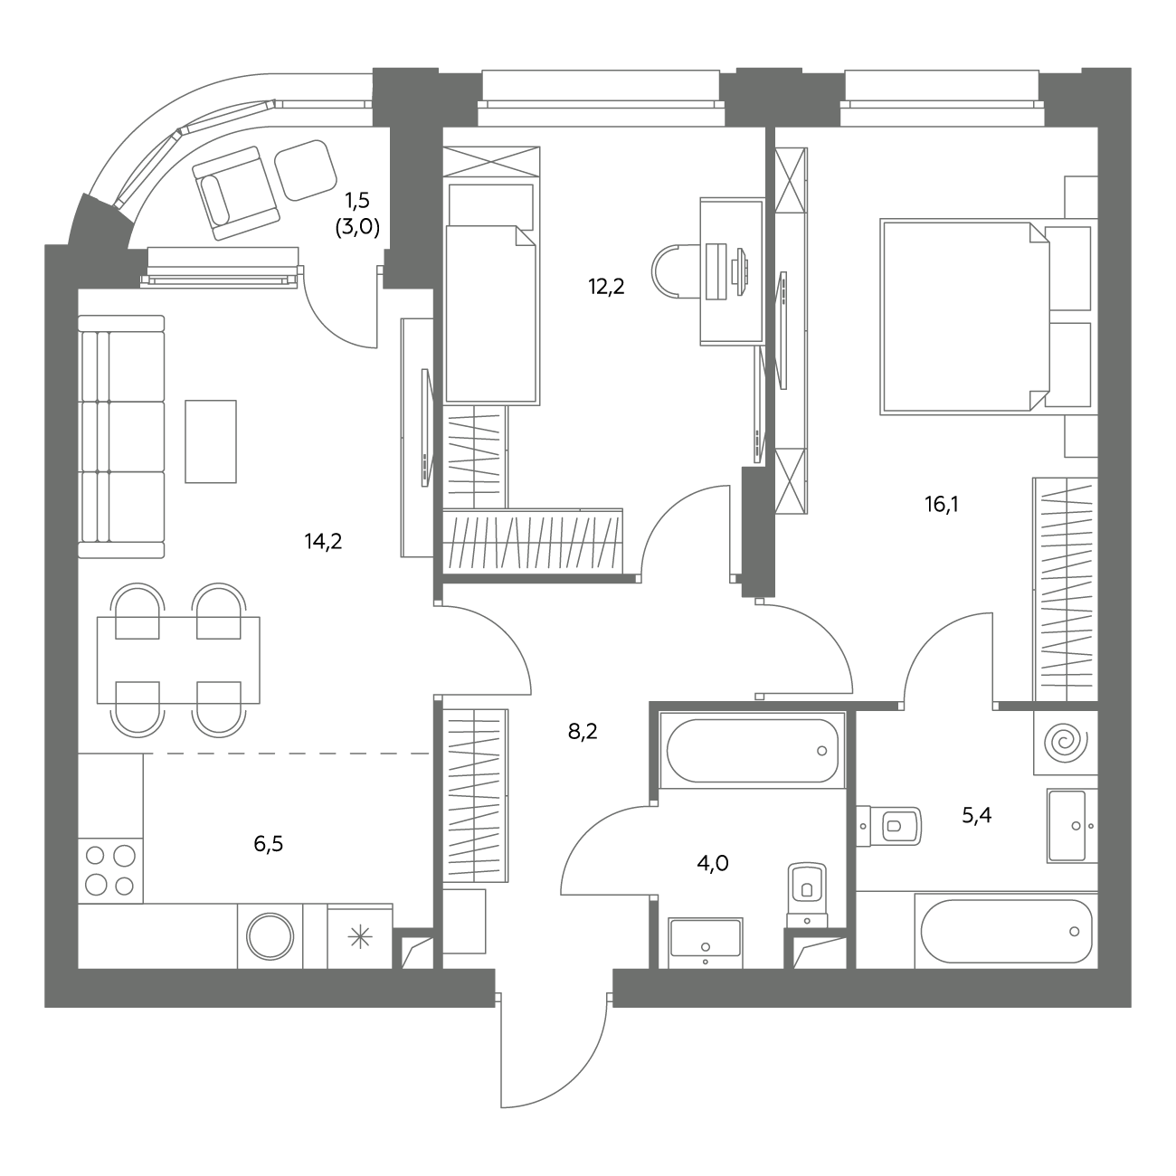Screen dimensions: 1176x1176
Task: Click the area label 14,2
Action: click(324, 541)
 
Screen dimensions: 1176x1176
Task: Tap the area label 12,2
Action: click(607, 286)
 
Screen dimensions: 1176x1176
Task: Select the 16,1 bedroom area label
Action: click(942, 504)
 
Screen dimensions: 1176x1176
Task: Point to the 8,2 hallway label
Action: click(583, 731)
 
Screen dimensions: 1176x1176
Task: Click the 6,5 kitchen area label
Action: click(269, 844)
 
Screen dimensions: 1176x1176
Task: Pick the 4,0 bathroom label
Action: click(713, 864)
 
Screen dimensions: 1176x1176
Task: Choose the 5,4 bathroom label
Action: click(977, 815)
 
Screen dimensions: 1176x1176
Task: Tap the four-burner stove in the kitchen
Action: click(110, 871)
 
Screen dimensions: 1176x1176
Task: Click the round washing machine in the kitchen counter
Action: click(270, 936)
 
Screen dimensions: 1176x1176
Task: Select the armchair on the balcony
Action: click(236, 193)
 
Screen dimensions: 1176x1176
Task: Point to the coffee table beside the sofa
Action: click(211, 441)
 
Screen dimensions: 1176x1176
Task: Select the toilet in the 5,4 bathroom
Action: click(888, 826)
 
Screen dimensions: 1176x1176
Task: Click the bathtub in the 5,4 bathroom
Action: click(1006, 932)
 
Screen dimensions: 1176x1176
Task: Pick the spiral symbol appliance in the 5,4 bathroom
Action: click(1066, 743)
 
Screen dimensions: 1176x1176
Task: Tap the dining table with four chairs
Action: click(178, 660)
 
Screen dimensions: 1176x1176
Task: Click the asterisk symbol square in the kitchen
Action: click(360, 937)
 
